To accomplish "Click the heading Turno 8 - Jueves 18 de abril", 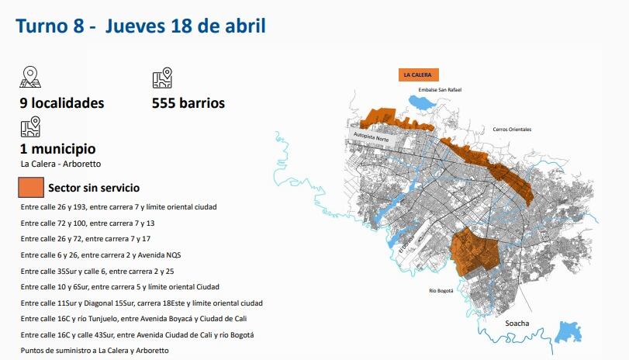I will tap(140, 26).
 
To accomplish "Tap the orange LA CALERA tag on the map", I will tap(418, 75).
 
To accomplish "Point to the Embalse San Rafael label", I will tap(440, 91).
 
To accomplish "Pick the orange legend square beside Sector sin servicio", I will tap(31, 188).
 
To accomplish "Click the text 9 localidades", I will tap(62, 103).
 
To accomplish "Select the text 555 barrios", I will tap(188, 103).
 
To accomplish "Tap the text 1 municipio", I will tap(58, 148).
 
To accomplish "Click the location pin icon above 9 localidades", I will tap(30, 78).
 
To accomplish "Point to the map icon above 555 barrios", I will tap(162, 78).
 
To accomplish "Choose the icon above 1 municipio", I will tap(30, 126).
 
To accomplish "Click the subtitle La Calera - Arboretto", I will tap(60, 164).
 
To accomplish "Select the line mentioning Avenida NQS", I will tap(101, 254).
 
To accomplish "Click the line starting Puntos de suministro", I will tap(95, 351).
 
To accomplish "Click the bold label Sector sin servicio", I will tap(94, 188).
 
